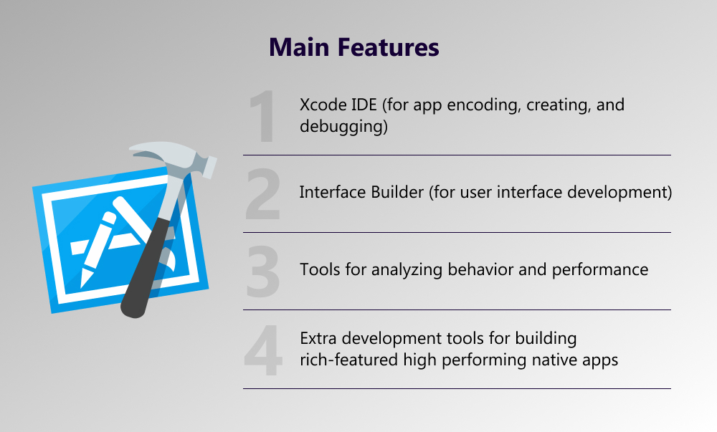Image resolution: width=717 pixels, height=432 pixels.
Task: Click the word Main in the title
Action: tap(298, 47)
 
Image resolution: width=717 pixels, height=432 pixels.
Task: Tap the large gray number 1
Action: tap(262, 116)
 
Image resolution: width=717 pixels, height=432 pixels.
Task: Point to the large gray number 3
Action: tap(262, 272)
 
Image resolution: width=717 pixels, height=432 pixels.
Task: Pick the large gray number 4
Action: tap(262, 350)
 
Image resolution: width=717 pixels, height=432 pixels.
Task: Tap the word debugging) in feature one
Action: tap(343, 127)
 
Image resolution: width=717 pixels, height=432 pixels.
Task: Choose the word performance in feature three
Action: tap(600, 270)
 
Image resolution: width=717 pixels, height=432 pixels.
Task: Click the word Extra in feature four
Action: tap(318, 338)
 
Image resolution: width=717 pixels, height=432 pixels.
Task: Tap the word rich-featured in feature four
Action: tap(349, 360)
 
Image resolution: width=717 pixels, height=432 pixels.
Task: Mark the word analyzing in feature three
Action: tap(407, 270)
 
